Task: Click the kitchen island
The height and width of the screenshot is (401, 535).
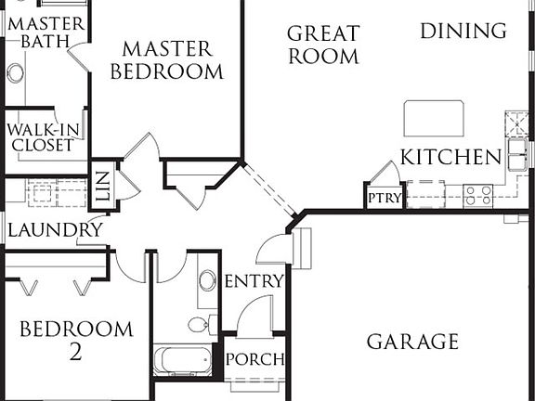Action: point(433,118)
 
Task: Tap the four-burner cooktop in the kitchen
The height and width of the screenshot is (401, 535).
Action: point(478,195)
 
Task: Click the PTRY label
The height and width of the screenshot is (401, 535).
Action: point(383,198)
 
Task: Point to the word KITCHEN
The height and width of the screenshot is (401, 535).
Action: point(450,157)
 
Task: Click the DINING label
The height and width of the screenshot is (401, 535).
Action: point(463,31)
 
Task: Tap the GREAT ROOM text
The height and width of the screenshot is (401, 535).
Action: point(323,45)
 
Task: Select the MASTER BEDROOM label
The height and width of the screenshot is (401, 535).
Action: point(167,59)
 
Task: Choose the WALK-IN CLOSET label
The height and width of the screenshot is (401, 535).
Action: point(42,136)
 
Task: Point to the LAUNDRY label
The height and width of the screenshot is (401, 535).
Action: point(55,229)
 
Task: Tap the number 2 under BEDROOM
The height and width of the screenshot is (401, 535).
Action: point(75,352)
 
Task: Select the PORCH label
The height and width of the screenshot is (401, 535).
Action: point(254,359)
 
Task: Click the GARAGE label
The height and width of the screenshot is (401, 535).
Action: point(412,342)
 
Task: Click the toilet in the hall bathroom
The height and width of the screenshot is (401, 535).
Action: point(200,324)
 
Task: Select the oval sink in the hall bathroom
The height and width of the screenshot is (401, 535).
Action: point(207,281)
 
